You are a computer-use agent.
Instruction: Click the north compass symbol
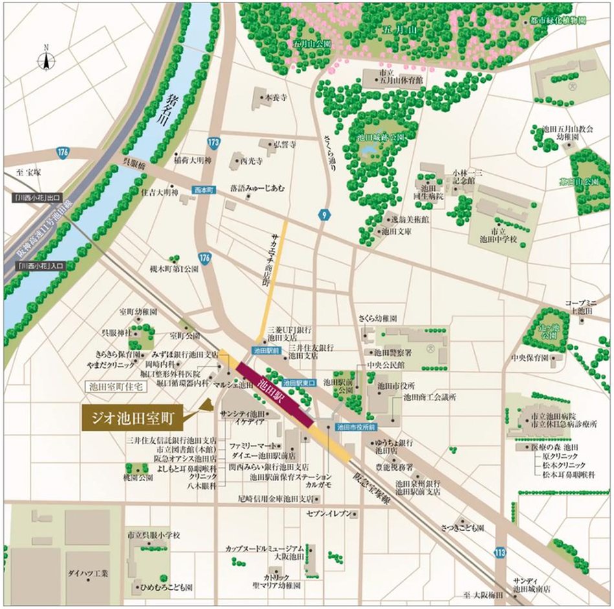click(x=47, y=60)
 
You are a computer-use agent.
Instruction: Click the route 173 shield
click(x=214, y=140)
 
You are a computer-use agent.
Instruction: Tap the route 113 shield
click(x=499, y=552)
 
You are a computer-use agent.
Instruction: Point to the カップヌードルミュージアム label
click(x=264, y=549)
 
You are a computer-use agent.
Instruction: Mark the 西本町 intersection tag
click(x=202, y=191)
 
